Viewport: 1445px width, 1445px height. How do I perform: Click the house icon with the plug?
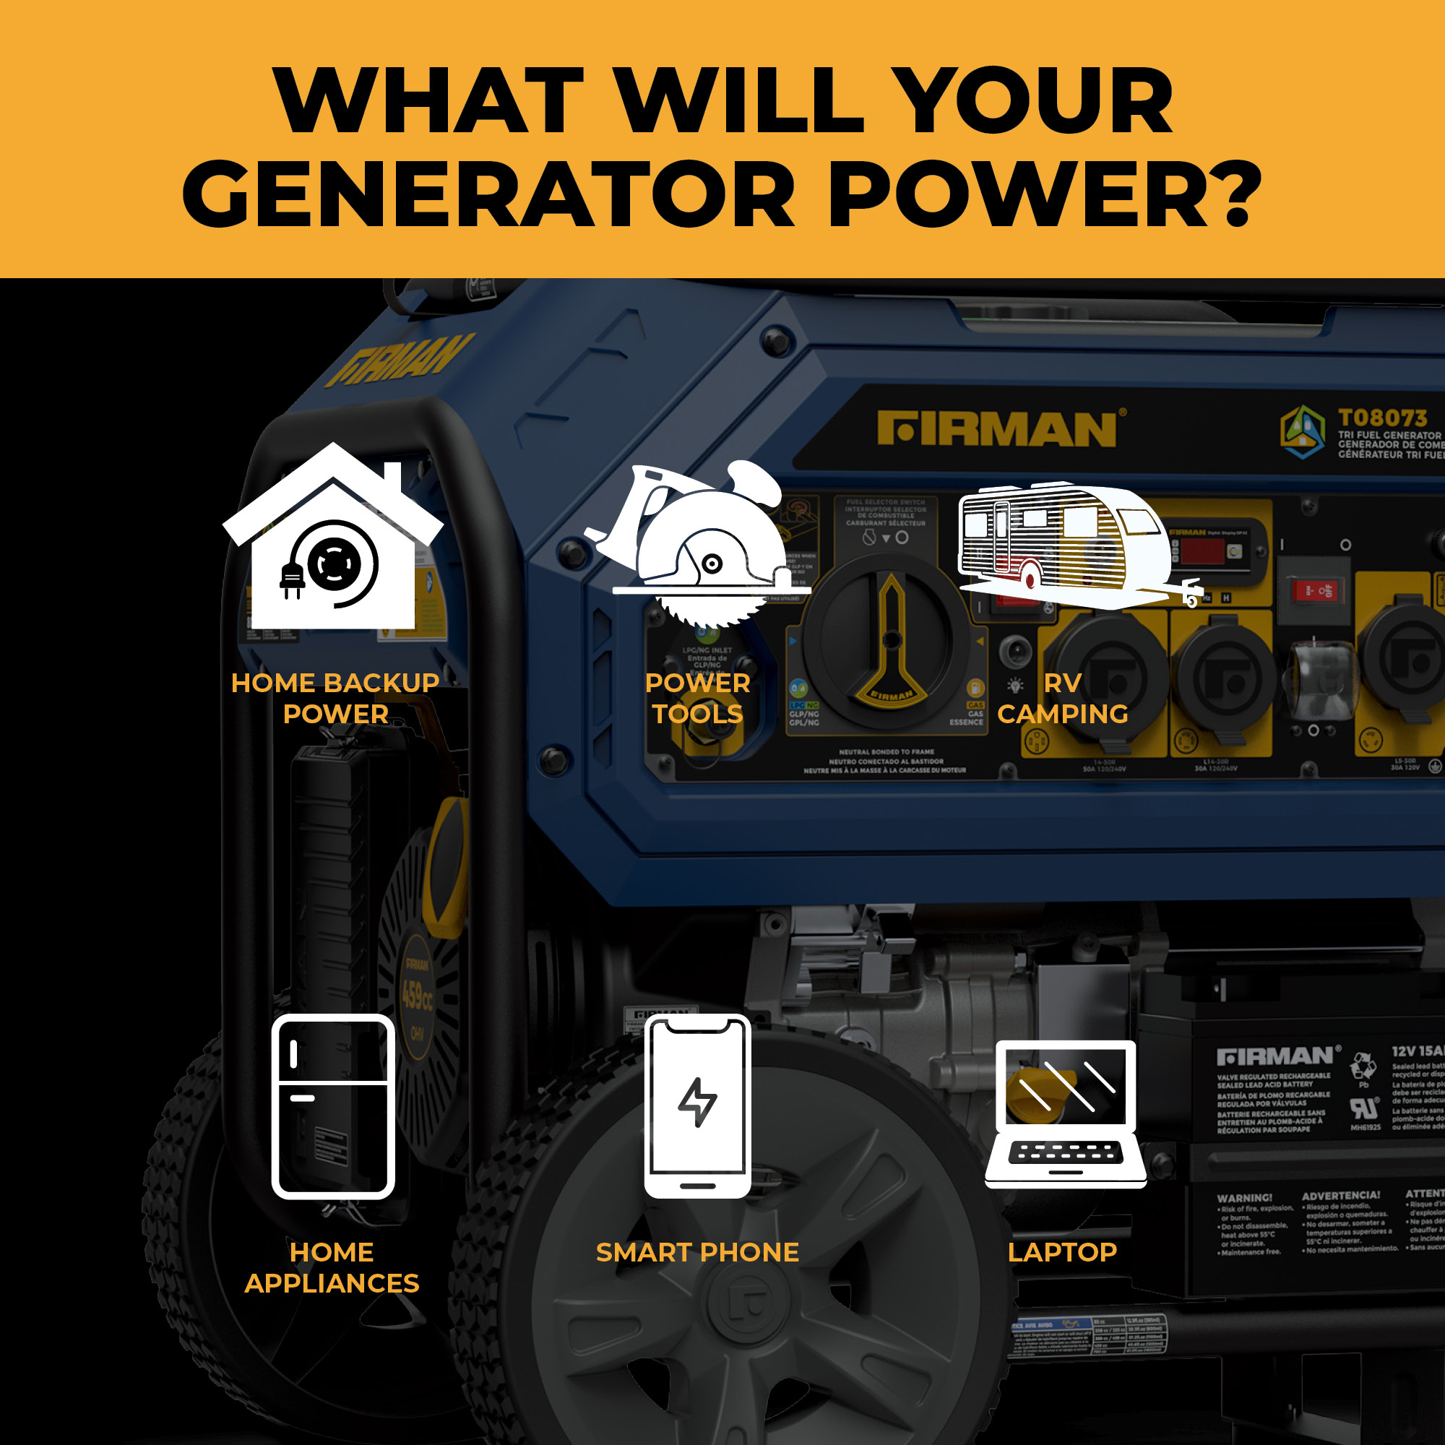(333, 538)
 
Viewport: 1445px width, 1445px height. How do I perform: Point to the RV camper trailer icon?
(1069, 546)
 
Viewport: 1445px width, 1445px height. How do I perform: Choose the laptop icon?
(1065, 1114)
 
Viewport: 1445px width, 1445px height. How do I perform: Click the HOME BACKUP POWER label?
(335, 698)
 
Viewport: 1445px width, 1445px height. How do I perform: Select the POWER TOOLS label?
(697, 698)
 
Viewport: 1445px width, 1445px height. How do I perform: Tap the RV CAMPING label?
(1062, 698)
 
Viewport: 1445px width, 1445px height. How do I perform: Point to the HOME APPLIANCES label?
(332, 1267)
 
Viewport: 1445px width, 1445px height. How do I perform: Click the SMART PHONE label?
(697, 1252)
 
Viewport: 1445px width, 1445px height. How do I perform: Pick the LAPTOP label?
(1062, 1252)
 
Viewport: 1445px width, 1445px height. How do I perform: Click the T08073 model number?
(1382, 418)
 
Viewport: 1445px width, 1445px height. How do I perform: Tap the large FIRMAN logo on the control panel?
(997, 429)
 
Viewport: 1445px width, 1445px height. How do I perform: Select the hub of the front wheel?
(748, 1301)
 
